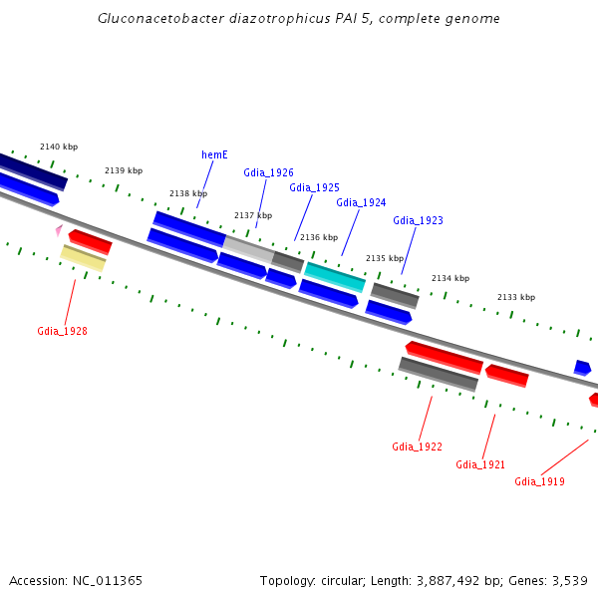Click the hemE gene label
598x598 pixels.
214,154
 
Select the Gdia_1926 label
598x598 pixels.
268,172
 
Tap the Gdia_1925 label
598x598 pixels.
314,187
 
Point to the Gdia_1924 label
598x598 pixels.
361,202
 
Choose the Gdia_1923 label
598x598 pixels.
418,220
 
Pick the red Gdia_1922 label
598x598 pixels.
417,447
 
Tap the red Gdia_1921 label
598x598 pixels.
480,464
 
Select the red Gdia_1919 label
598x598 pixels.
539,481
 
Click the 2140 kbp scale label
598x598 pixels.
59,147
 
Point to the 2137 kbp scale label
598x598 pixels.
253,215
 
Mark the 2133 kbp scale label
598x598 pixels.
516,297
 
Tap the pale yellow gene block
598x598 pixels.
83,258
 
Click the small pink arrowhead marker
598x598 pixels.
59,230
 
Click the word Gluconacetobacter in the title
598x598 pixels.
157,19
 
